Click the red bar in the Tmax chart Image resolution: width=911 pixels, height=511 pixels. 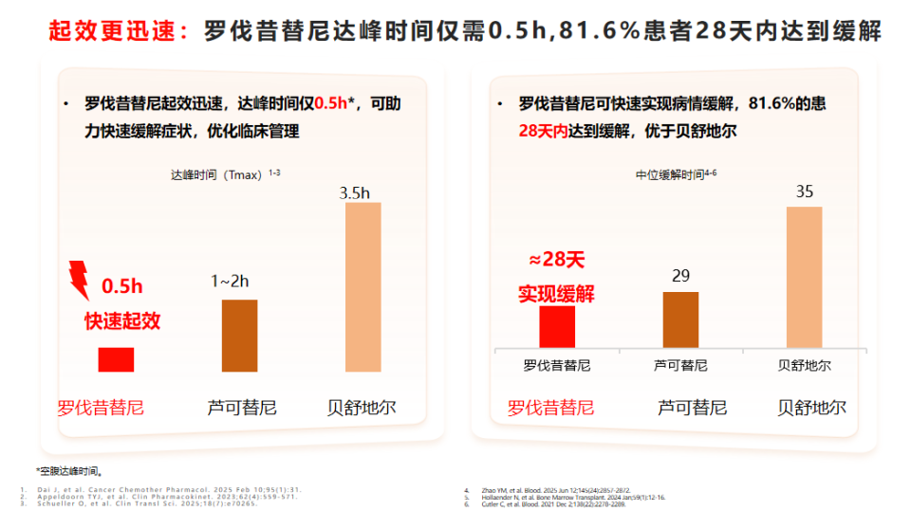[116, 359]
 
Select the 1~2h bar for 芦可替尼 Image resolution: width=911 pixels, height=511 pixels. [239, 336]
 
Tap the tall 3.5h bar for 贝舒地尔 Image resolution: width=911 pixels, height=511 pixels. [362, 286]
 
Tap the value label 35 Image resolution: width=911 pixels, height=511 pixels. [805, 192]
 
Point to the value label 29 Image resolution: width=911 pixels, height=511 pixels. [680, 276]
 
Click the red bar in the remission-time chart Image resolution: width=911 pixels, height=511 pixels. [556, 326]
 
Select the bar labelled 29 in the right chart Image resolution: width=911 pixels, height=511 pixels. [680, 319]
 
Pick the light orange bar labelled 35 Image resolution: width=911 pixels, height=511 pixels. [804, 277]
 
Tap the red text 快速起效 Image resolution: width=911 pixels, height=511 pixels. [122, 320]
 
